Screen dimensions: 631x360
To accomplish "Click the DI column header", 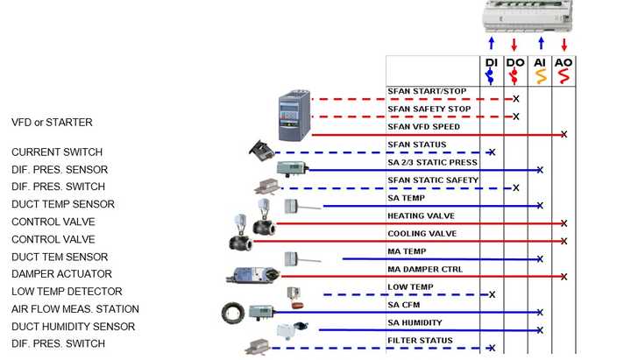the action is click(492, 63).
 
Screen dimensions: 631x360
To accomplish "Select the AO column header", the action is click(564, 63).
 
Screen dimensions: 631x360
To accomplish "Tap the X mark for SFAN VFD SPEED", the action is click(564, 134).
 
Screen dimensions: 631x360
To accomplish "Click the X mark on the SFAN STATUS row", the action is click(492, 152).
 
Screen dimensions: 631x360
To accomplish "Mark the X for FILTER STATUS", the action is click(492, 348).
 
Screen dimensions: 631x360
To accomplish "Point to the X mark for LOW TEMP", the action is click(492, 294).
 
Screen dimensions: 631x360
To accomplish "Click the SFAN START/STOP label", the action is click(427, 91).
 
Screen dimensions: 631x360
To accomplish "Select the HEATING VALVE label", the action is click(421, 216).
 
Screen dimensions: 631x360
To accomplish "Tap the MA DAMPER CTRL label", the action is click(425, 270).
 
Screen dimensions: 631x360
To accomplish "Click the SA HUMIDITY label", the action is click(415, 322).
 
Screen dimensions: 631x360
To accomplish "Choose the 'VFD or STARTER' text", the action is click(52, 123).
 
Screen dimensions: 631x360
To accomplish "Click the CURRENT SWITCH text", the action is click(57, 152).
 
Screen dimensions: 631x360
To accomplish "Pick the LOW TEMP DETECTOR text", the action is click(67, 291).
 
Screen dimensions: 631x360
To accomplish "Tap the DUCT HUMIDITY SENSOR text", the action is click(73, 326).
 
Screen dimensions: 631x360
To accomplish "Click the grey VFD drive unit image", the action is click(294, 116).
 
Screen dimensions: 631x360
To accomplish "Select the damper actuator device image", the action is click(253, 275).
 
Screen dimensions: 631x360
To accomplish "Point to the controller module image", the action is click(528, 16).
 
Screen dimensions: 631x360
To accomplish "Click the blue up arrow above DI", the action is click(492, 43).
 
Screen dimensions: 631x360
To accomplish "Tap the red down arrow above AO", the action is click(564, 45).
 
